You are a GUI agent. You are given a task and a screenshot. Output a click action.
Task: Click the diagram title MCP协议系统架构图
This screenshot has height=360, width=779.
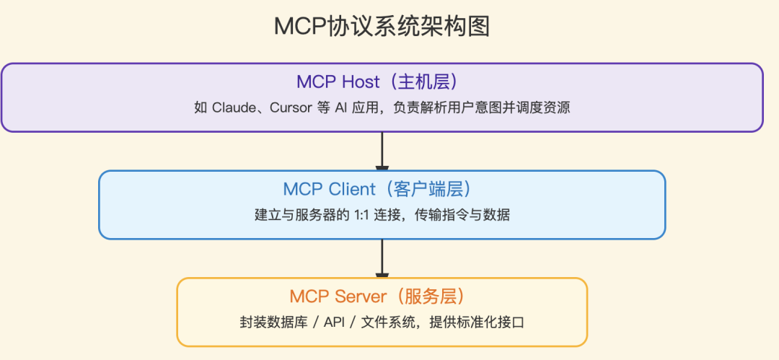(x=382, y=27)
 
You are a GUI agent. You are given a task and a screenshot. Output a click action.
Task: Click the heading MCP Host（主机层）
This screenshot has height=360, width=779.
(x=382, y=82)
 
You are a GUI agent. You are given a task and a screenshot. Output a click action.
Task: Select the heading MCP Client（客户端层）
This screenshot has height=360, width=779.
(x=382, y=189)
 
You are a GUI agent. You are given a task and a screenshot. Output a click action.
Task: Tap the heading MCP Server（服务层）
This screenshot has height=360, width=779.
(x=382, y=296)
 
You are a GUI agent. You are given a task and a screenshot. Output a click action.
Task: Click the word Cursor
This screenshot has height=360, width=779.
(x=290, y=108)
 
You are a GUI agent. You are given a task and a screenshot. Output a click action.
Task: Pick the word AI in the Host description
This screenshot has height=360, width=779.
(x=341, y=108)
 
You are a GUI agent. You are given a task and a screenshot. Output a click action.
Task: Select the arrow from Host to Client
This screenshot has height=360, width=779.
(x=382, y=151)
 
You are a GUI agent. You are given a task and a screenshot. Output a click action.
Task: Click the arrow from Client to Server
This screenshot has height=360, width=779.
(x=382, y=258)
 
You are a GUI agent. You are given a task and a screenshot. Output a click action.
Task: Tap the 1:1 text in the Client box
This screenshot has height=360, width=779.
(x=361, y=215)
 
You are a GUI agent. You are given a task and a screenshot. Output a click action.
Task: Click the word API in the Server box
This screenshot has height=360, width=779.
(x=334, y=322)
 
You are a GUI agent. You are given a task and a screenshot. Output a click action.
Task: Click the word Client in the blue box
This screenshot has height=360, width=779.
(x=352, y=189)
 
